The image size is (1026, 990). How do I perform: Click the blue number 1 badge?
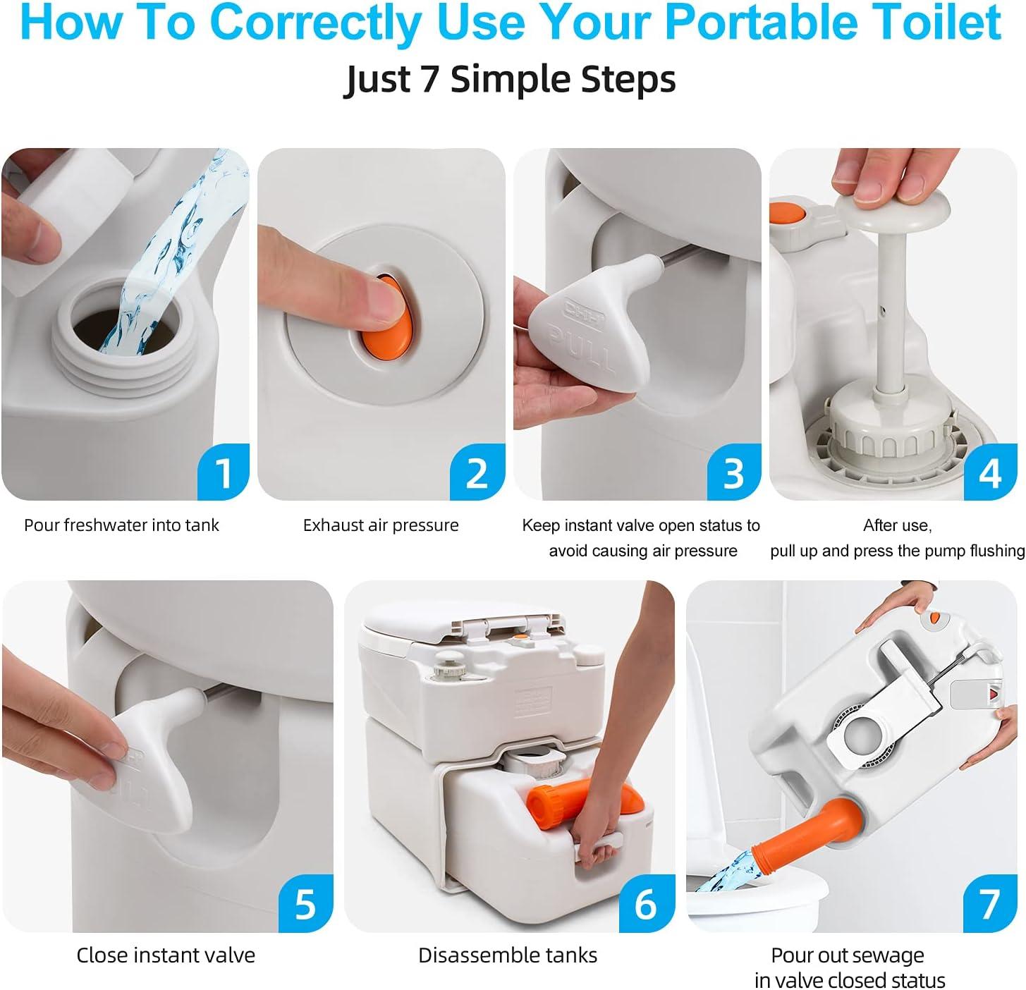[223, 472]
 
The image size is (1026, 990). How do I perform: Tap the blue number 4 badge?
[990, 472]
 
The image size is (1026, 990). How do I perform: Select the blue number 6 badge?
[646, 904]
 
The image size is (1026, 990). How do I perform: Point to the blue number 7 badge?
[989, 904]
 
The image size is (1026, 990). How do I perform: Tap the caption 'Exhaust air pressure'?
[381, 525]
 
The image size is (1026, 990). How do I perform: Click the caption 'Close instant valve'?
[166, 955]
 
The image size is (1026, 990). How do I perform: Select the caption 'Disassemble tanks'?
[508, 955]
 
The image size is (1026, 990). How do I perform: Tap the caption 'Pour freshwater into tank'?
[121, 525]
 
